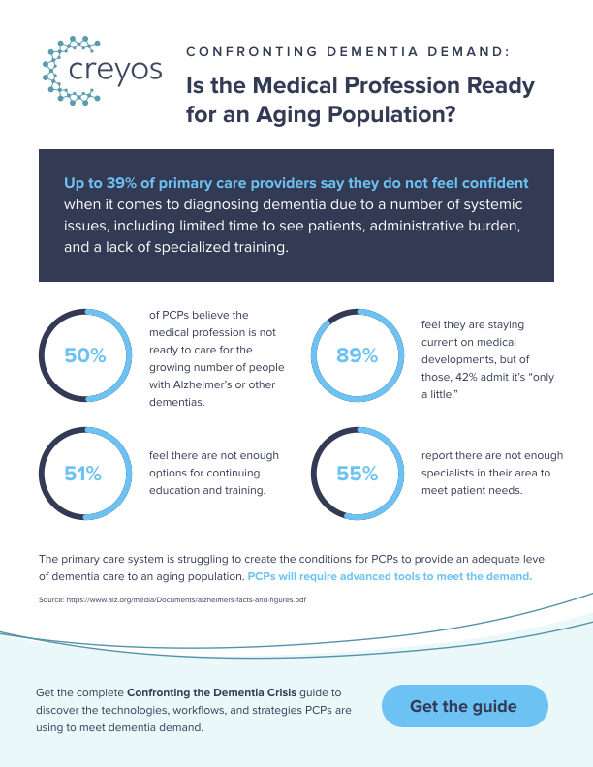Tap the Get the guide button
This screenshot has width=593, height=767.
pos(463,706)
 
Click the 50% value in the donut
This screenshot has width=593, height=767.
pos(84,355)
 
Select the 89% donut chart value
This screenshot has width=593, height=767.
pos(357,355)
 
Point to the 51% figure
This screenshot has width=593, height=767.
pos(83,474)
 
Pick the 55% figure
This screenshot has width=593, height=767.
pos(357,474)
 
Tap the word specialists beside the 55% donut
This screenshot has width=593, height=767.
pos(454,473)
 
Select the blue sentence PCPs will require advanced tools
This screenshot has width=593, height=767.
pos(390,576)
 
